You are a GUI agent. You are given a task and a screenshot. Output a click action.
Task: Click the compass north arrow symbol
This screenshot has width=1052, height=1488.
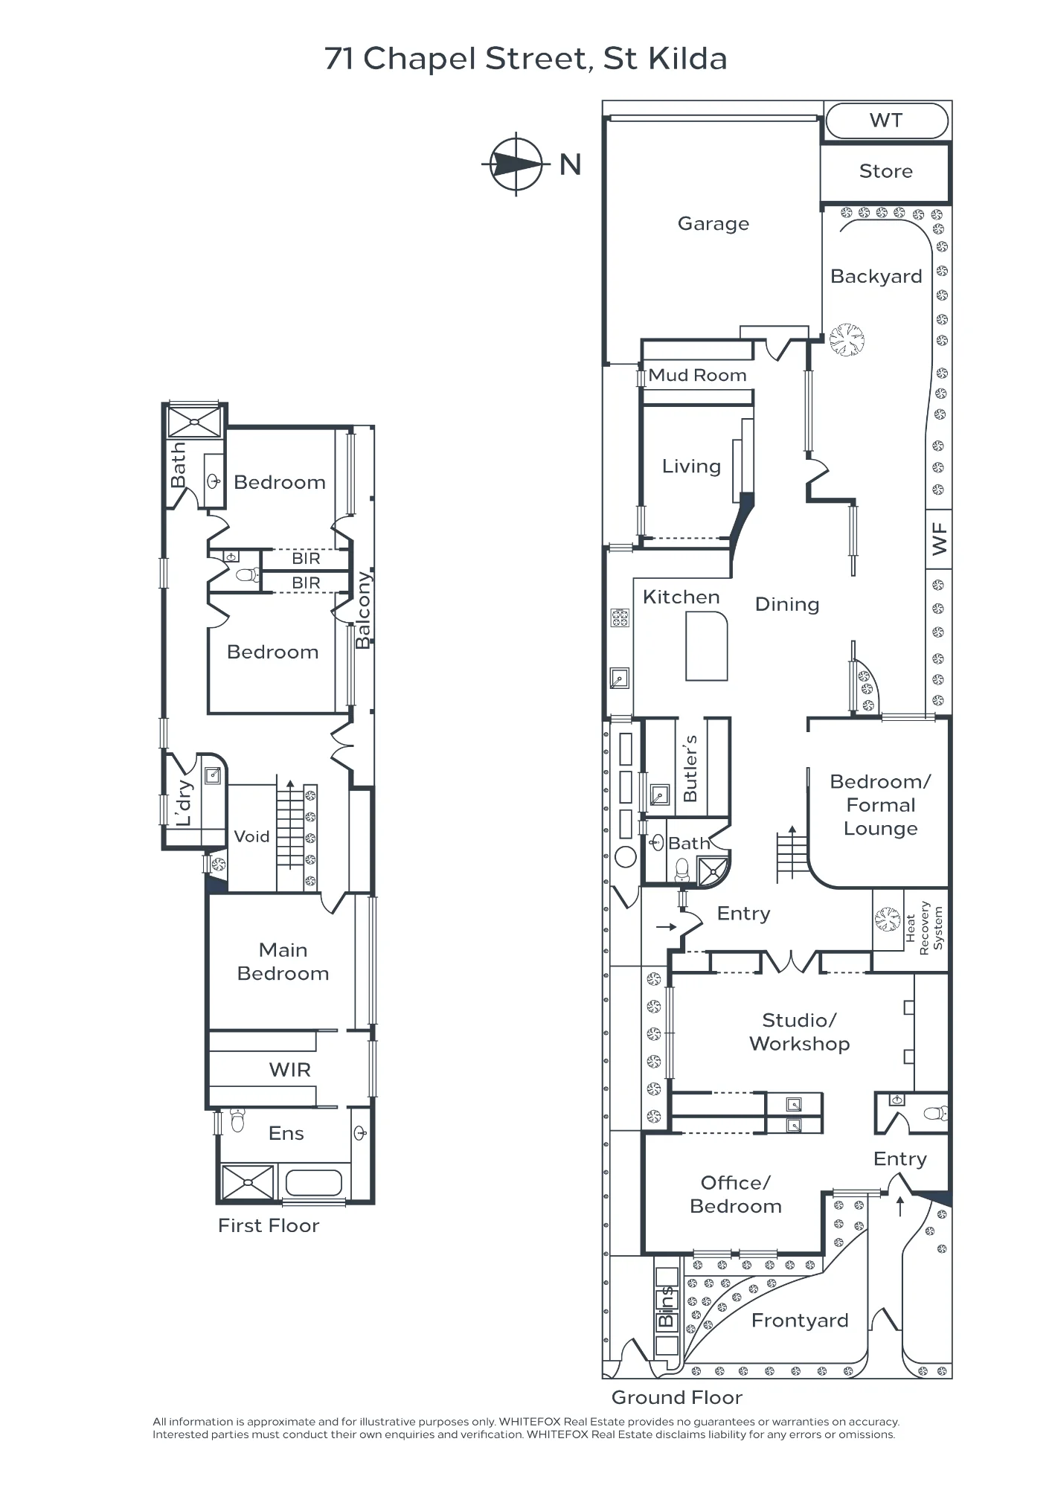pyautogui.click(x=516, y=164)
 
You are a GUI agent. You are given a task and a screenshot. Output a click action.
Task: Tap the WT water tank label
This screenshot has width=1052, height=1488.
pyautogui.click(x=885, y=121)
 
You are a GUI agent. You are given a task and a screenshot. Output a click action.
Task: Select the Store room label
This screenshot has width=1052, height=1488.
pyautogui.click(x=885, y=171)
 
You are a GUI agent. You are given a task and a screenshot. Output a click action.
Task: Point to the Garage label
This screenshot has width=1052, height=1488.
pyautogui.click(x=713, y=224)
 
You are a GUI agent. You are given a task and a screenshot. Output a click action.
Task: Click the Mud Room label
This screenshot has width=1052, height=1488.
pyautogui.click(x=697, y=375)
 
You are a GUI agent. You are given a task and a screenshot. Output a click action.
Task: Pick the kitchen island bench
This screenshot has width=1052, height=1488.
pyautogui.click(x=706, y=646)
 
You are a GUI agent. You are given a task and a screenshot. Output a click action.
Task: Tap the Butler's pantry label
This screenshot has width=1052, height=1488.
pyautogui.click(x=690, y=769)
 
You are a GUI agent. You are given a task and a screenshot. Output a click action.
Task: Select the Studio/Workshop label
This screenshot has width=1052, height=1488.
pyautogui.click(x=799, y=1032)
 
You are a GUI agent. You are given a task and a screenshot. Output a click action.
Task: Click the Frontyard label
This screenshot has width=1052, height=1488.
pyautogui.click(x=800, y=1321)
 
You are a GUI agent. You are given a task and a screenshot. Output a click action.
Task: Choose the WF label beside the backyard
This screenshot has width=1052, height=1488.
pyautogui.click(x=939, y=539)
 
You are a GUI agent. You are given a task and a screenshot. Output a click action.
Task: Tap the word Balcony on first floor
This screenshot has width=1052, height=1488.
pyautogui.click(x=362, y=610)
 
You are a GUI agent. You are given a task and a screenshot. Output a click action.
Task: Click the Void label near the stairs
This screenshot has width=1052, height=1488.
pyautogui.click(x=251, y=836)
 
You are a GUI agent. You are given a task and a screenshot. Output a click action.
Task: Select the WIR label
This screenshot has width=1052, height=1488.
pyautogui.click(x=289, y=1070)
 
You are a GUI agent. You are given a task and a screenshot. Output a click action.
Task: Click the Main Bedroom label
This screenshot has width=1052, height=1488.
pyautogui.click(x=283, y=961)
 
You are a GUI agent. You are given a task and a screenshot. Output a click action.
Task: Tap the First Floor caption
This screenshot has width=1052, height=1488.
pyautogui.click(x=269, y=1225)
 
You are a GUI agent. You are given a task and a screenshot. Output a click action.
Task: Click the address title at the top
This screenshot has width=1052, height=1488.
pyautogui.click(x=526, y=59)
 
